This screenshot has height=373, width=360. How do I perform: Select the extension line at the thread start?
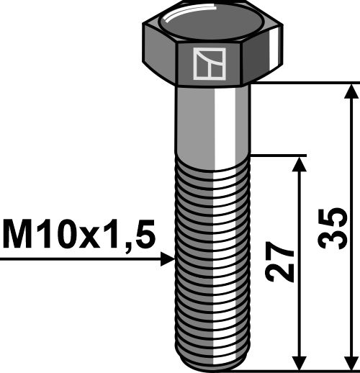tap(281, 155)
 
